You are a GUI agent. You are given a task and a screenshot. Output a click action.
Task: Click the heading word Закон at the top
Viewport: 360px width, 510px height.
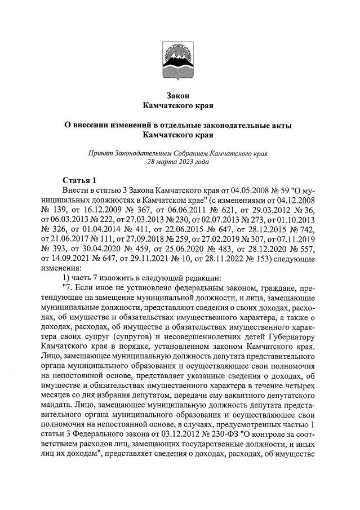[179, 95]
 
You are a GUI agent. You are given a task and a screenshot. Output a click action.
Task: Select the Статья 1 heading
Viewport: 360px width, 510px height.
[80, 180]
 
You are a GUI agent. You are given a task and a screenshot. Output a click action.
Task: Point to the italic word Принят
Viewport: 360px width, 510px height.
[101, 153]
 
